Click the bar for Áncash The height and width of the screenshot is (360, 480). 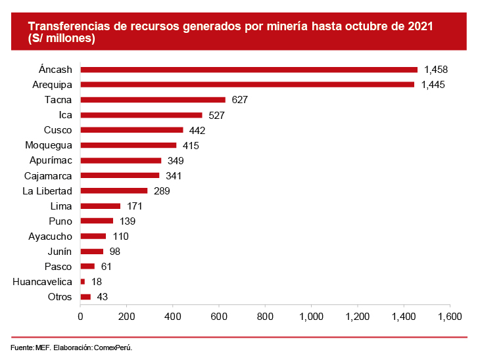click(249, 70)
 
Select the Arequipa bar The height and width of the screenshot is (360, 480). click(247, 85)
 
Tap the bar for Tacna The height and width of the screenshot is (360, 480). click(153, 100)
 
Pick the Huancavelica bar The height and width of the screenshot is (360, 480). click(82, 281)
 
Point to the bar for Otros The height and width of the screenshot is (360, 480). click(85, 297)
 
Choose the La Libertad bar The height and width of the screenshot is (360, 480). click(114, 191)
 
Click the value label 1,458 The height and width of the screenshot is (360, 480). click(436, 70)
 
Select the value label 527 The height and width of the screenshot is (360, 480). click(216, 115)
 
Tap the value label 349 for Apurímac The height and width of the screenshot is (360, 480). click(175, 160)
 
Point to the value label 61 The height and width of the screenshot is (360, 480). click(105, 266)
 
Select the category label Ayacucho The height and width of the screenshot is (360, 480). click(45, 236)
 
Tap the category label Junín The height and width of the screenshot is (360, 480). click(59, 251)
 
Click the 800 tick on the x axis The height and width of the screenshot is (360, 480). click(265, 316)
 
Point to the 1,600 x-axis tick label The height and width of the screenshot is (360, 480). click(450, 316)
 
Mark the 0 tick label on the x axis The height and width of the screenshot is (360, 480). click(80, 316)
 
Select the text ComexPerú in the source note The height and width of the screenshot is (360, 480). click(118, 347)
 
